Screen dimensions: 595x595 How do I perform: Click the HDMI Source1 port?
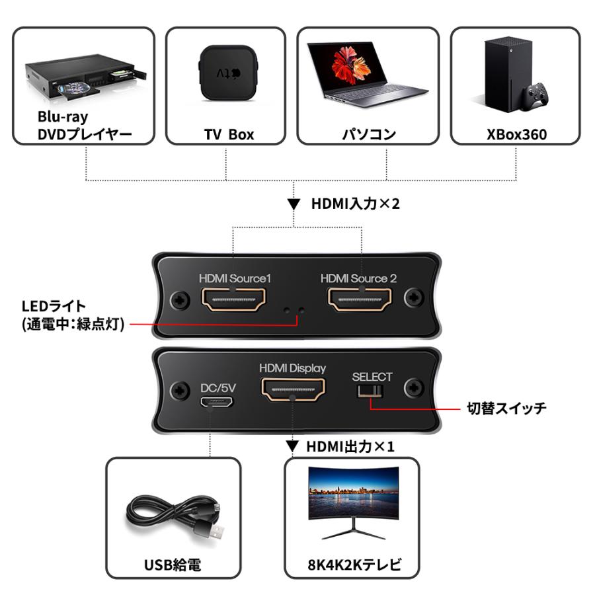pyautogui.click(x=234, y=301)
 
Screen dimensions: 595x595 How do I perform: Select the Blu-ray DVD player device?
pyautogui.click(x=83, y=75)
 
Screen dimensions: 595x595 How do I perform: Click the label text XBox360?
pyautogui.click(x=516, y=135)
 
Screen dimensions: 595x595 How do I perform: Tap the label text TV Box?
pyautogui.click(x=229, y=135)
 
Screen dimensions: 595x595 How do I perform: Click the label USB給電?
pyautogui.click(x=173, y=565)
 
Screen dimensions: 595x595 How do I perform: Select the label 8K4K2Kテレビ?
pyautogui.click(x=350, y=565)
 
